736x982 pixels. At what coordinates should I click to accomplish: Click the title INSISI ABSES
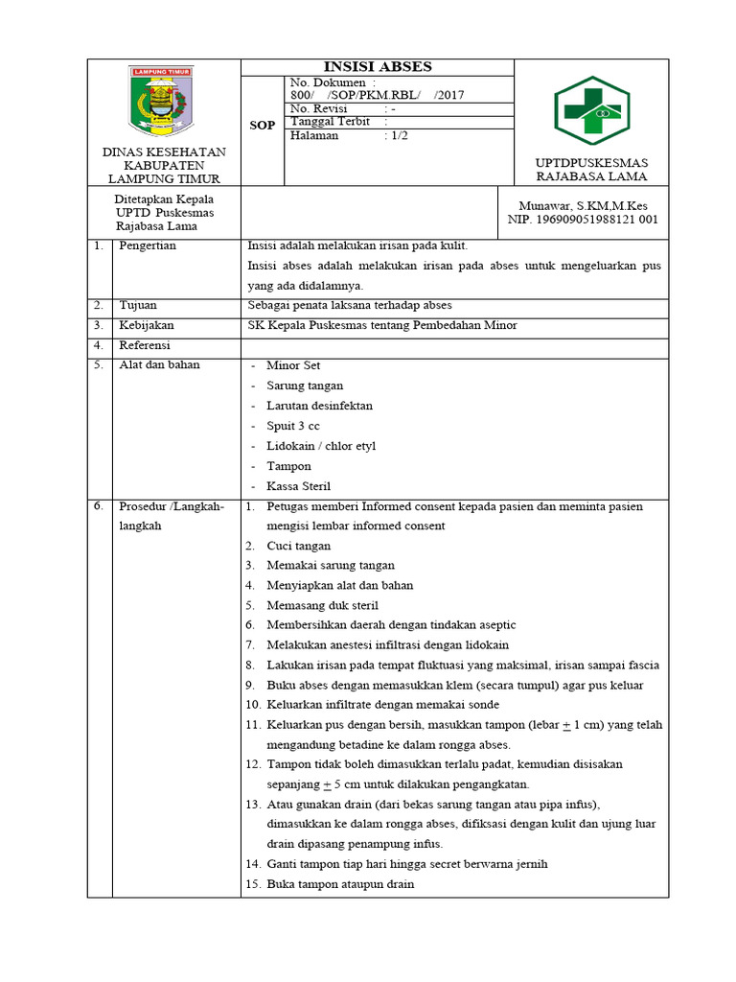point(378,67)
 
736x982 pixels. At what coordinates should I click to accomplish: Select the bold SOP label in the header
point(263,126)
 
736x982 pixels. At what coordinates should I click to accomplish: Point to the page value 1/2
point(397,136)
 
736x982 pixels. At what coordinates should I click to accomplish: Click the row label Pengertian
point(148,245)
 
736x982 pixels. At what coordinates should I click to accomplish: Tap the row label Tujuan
point(138,305)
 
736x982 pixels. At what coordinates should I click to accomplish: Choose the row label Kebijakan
point(146,325)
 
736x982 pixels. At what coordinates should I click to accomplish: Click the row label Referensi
point(144,345)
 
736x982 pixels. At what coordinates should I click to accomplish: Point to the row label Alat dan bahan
point(159,365)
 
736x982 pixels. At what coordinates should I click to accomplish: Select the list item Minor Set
point(293,366)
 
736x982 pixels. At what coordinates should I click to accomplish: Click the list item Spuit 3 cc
point(293,426)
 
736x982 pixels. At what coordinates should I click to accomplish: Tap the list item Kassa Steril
point(298,486)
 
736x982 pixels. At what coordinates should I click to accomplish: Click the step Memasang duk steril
point(322,605)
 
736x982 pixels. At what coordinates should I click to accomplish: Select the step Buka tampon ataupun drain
point(340,884)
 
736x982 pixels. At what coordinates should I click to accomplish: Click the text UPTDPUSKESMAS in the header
point(591,163)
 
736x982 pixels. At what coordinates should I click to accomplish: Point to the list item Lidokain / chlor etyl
point(321,446)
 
